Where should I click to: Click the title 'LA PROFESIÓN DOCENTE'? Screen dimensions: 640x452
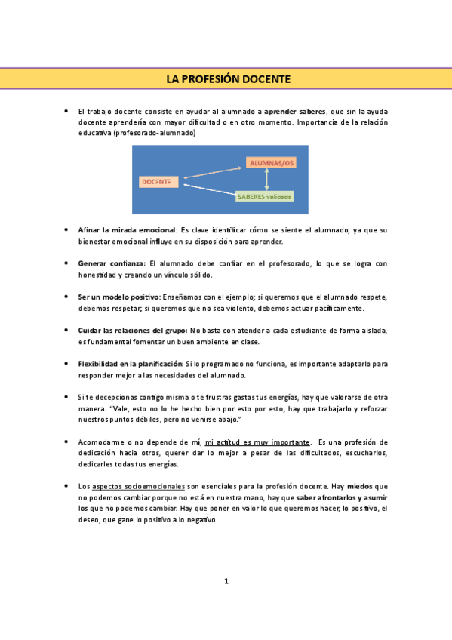click(227, 79)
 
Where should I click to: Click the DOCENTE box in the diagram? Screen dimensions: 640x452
click(157, 181)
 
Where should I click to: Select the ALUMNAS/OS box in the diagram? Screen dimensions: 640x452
click(269, 163)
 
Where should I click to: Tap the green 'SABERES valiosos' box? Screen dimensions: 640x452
click(263, 196)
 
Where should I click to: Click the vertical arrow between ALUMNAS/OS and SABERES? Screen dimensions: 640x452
click(266, 180)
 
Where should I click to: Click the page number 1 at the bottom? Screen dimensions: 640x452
click(226, 580)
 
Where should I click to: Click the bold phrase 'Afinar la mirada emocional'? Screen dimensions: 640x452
click(127, 229)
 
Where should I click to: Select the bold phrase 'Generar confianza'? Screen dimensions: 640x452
click(112, 263)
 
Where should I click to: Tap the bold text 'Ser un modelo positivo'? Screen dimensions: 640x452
click(119, 297)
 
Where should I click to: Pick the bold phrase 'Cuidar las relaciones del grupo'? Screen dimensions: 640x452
click(133, 331)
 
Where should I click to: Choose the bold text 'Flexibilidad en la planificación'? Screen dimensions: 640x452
click(131, 364)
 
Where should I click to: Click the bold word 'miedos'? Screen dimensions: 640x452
click(360, 487)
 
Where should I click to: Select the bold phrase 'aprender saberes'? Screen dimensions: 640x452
click(295, 111)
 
